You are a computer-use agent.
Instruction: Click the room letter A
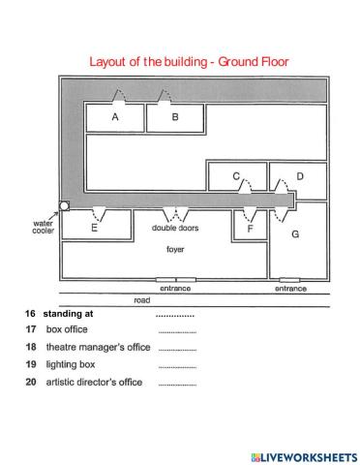coord(114,117)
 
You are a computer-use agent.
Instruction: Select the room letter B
coord(175,117)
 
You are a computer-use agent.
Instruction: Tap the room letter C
coord(235,175)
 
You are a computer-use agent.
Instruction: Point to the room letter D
coord(299,176)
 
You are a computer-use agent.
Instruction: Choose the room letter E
coord(94,229)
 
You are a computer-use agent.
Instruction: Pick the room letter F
coord(251,230)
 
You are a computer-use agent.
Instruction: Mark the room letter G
coord(296,234)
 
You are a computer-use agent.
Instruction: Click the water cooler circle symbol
coord(64,205)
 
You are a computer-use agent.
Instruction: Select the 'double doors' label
coord(174,228)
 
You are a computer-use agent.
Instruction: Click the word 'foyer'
coord(175,249)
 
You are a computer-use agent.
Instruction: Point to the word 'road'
coord(141,300)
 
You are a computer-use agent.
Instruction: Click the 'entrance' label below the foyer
coord(175,288)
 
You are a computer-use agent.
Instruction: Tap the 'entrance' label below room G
coord(290,288)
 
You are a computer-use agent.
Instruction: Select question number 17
coord(30,329)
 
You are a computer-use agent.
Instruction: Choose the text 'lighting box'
coord(71,364)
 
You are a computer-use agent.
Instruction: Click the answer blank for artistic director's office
coord(176,384)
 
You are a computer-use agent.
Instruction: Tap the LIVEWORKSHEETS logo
coord(303,455)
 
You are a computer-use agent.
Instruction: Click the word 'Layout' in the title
coord(110,62)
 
